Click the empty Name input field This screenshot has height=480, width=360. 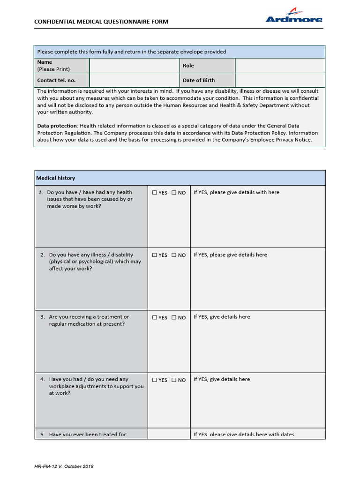click(x=134, y=66)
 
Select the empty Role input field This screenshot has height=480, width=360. click(x=280, y=66)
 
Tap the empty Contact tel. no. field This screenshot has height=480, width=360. click(x=134, y=80)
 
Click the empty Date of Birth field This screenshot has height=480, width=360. click(x=280, y=80)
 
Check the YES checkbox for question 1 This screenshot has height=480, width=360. click(x=155, y=193)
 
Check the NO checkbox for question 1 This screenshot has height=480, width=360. click(x=174, y=193)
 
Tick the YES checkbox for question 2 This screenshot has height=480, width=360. click(x=155, y=255)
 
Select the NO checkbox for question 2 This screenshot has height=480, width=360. click(x=174, y=255)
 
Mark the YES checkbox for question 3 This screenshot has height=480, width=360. click(x=155, y=317)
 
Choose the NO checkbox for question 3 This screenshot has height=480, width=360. click(x=174, y=317)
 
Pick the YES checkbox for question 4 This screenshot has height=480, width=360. click(x=155, y=380)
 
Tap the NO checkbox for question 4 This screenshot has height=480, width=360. click(x=174, y=380)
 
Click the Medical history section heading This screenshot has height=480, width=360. click(x=56, y=178)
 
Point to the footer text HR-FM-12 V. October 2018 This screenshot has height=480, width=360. click(x=64, y=466)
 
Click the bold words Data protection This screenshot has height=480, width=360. click(x=57, y=126)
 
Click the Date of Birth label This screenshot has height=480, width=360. click(x=199, y=80)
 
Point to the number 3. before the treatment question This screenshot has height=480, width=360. click(x=43, y=317)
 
